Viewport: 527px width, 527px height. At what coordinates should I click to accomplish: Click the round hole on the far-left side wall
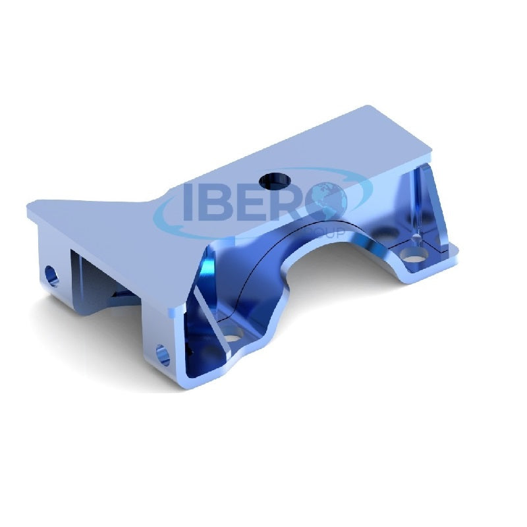pos(50,273)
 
